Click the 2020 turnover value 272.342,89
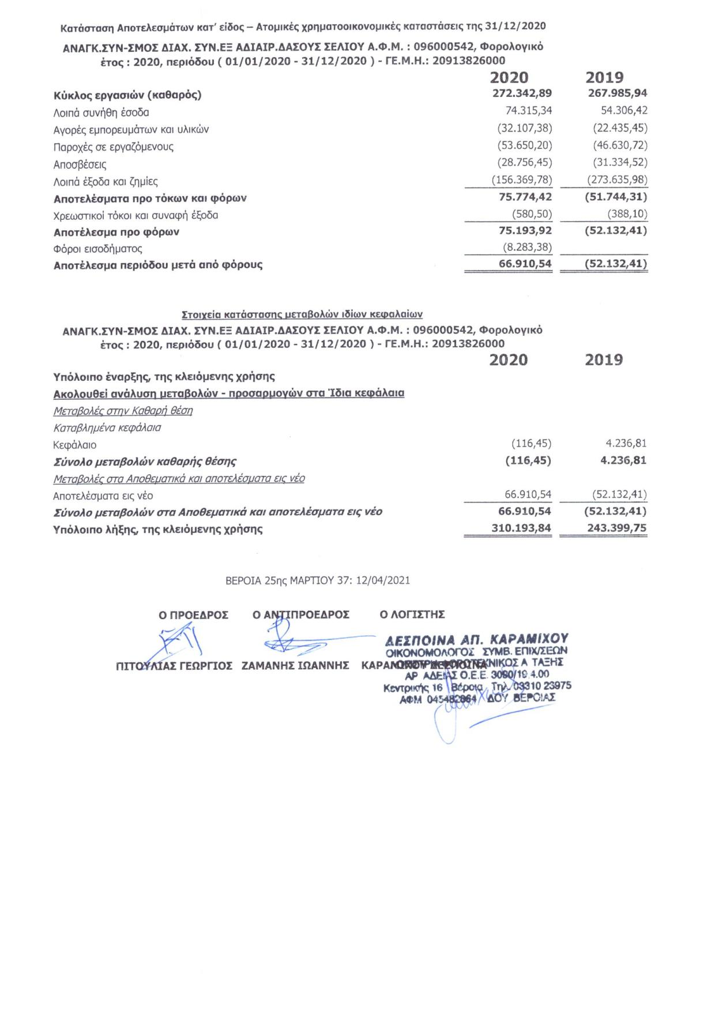click(x=522, y=93)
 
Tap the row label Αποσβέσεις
click(x=80, y=164)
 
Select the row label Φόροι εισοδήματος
click(x=97, y=249)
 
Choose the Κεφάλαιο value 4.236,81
click(x=626, y=444)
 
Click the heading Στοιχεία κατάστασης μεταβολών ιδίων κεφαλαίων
click(x=302, y=314)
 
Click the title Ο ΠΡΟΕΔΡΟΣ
click(x=194, y=615)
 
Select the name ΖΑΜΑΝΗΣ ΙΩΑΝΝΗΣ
click(x=295, y=665)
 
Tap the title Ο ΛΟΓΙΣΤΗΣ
click(x=412, y=615)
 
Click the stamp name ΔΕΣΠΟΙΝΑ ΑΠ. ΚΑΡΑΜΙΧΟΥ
click(x=477, y=639)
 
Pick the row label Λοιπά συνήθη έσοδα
click(x=101, y=113)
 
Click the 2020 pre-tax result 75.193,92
click(x=525, y=231)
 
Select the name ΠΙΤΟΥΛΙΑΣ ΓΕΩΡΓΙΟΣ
click(x=174, y=666)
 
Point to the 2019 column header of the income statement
click(x=604, y=77)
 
